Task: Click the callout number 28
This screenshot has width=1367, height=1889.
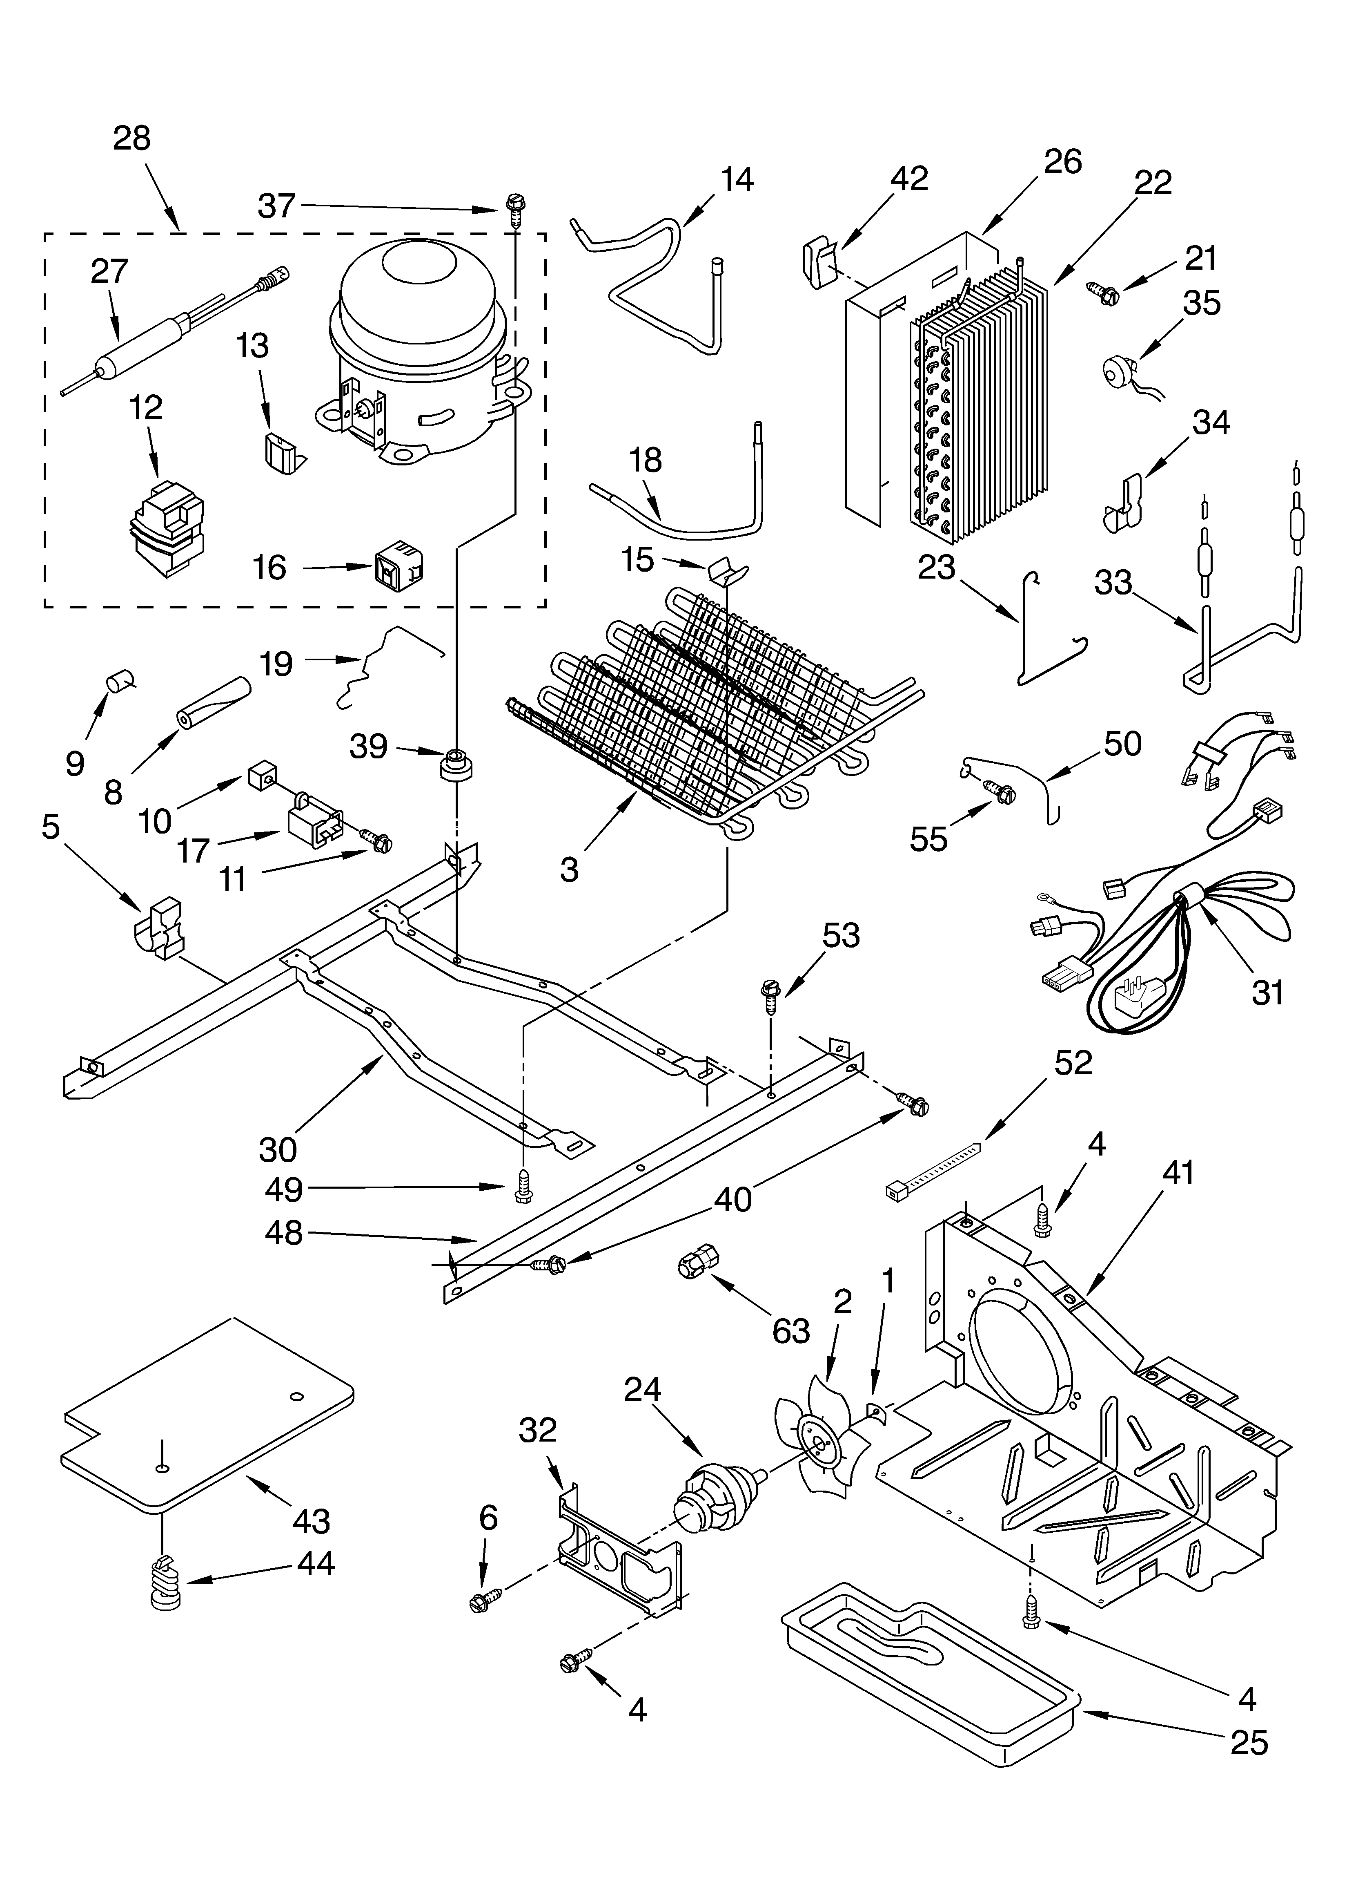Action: pos(131,138)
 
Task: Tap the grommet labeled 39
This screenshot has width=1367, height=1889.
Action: pos(454,764)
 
